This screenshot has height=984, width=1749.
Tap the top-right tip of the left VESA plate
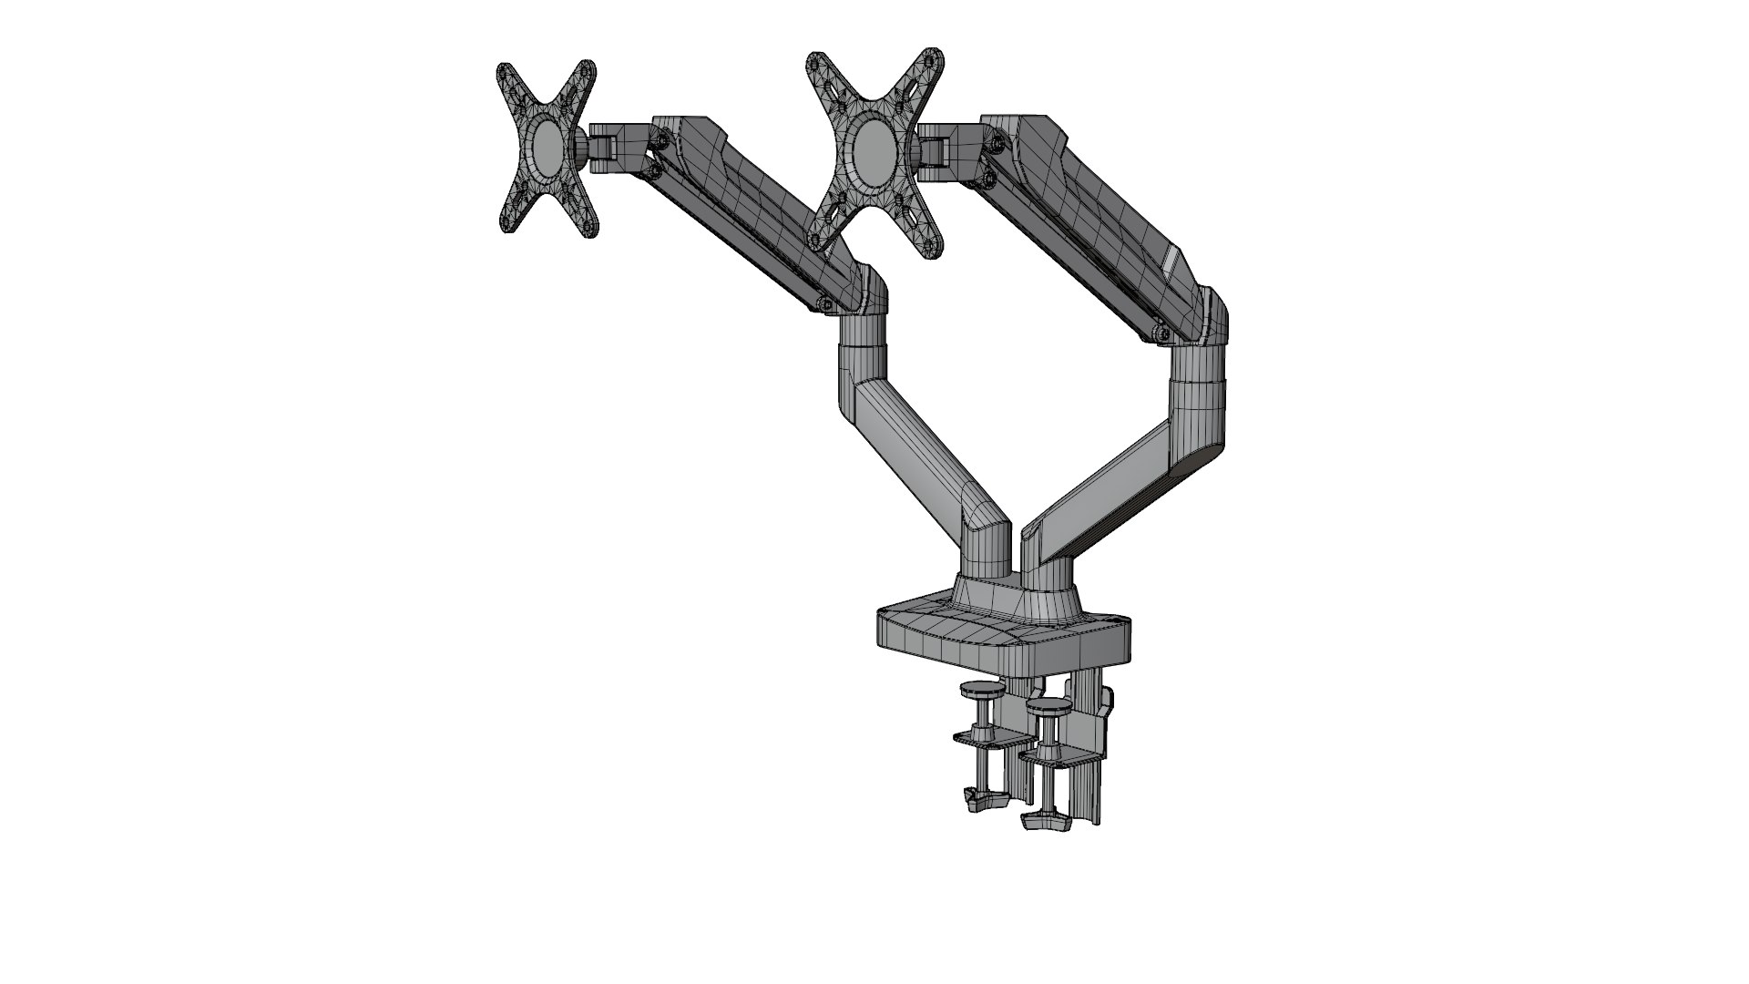[588, 72]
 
